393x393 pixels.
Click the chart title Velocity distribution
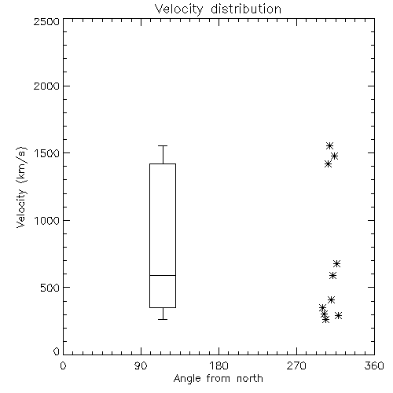218,9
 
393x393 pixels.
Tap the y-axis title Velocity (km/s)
21,187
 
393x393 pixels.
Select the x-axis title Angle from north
218,379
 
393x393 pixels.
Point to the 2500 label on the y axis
46,21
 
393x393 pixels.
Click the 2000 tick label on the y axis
46,86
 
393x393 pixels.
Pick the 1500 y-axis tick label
47,153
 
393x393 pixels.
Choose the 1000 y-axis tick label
47,221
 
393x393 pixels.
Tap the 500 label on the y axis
50,288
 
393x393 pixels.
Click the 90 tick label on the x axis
141,365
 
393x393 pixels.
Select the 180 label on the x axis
218,365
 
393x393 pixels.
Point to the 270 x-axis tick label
296,365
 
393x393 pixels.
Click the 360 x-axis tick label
374,365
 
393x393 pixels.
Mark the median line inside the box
163,275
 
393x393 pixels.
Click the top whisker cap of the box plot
163,145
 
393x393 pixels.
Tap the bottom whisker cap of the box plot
163,319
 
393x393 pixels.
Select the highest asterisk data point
329,145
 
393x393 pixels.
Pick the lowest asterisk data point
325,319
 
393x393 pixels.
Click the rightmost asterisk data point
339,315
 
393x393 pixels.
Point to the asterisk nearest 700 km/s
336,263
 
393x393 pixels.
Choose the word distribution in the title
246,9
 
